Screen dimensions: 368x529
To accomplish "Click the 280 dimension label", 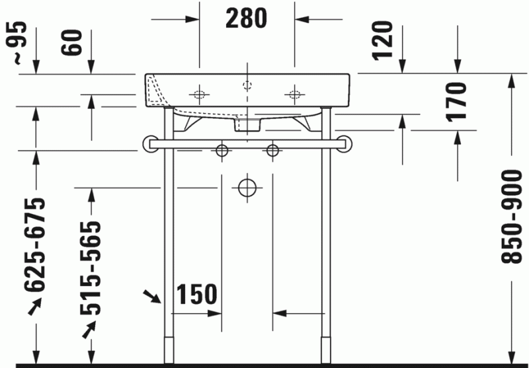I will [x=246, y=18].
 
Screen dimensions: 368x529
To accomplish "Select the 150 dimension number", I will [x=197, y=295].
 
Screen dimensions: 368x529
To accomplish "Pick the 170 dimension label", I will [x=458, y=101].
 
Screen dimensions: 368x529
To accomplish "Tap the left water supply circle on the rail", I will [x=222, y=151].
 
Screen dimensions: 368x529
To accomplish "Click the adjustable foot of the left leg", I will [x=168, y=350].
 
